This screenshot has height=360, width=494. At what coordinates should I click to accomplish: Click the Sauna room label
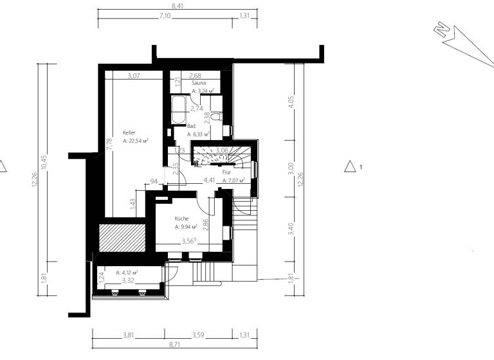[x=197, y=84]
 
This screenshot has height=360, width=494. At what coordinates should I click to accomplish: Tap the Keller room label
[x=129, y=132]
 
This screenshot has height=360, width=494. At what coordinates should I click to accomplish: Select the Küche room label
[x=181, y=219]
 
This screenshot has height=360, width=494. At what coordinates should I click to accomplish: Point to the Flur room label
[x=226, y=173]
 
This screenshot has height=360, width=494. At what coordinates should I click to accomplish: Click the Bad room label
[x=191, y=127]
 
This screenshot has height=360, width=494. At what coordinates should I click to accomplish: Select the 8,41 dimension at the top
[x=177, y=6]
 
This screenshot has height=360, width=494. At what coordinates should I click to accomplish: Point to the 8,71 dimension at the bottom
[x=174, y=345]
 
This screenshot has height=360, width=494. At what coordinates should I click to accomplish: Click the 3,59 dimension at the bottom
[x=199, y=335]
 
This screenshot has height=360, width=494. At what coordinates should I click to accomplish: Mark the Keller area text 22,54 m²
[x=136, y=140]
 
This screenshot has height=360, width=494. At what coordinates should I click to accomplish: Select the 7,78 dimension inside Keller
[x=110, y=144]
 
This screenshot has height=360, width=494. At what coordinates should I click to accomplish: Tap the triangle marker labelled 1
[x=351, y=166]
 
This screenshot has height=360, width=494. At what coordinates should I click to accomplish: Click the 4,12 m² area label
[x=128, y=273]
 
